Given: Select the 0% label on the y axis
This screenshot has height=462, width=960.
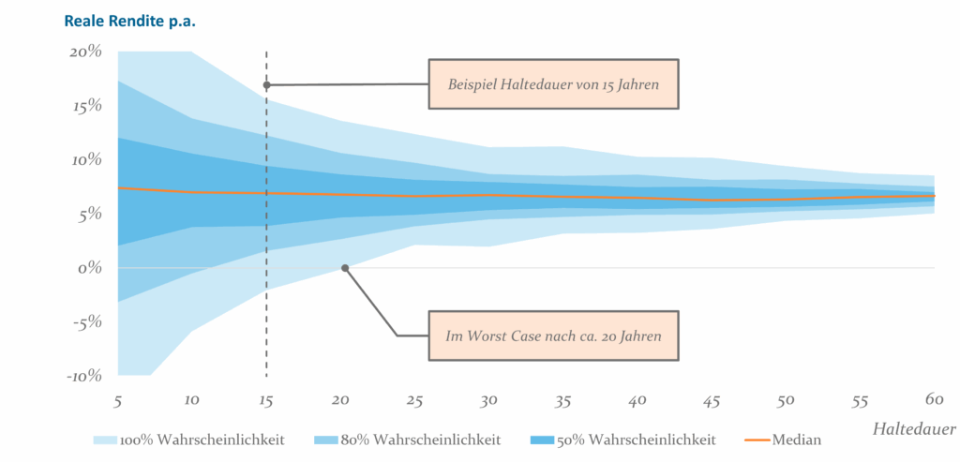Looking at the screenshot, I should (x=90, y=268).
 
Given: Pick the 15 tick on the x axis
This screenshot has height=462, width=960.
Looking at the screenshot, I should (x=266, y=400).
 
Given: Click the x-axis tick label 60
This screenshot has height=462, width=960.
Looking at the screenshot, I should (x=933, y=400).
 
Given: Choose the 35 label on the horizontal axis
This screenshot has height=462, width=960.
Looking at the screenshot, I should (x=562, y=400).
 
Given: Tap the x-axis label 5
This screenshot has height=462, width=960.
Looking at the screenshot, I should (x=118, y=400).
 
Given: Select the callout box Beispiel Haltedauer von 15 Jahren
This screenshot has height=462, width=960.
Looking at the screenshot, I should (x=553, y=84).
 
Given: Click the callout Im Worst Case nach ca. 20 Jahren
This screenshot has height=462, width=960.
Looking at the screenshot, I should (x=553, y=335).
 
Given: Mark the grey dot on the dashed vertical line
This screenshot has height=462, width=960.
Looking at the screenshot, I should (x=267, y=85).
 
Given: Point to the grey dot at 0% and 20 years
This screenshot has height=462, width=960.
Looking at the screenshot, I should (x=345, y=268).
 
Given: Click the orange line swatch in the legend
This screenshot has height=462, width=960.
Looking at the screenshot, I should (x=757, y=440).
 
